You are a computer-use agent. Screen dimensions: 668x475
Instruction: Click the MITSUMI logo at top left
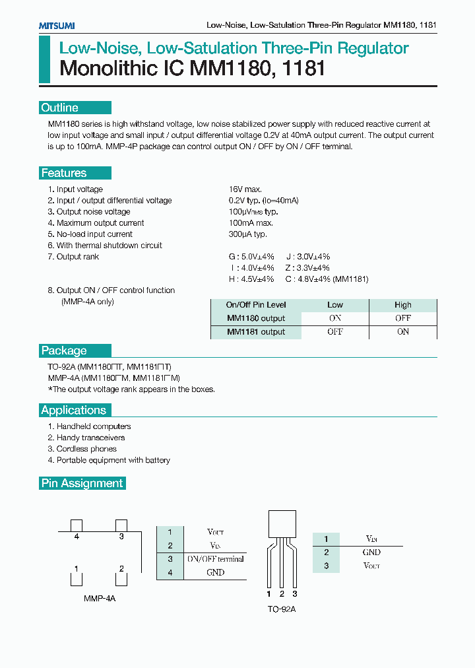coord(56,26)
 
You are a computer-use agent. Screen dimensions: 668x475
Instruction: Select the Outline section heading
coord(60,108)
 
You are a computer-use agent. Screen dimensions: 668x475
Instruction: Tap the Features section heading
coord(64,173)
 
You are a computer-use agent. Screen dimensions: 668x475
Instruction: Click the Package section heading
coord(64,351)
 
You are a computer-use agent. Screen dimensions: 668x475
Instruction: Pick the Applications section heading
coord(73,410)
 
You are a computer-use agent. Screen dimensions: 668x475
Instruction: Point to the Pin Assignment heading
coord(82,483)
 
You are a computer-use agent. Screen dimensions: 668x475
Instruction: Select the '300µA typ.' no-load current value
coord(247,234)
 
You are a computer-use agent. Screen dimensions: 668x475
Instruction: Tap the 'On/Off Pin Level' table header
coord(256,305)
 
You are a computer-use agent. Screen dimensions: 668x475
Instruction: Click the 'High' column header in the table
coord(402,305)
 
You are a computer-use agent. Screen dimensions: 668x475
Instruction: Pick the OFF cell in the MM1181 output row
coord(335,332)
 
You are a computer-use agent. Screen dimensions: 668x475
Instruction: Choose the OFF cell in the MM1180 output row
coord(402,318)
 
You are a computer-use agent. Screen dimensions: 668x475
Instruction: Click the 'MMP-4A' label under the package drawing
coord(100,598)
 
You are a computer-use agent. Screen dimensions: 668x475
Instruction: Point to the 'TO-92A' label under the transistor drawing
coord(282,609)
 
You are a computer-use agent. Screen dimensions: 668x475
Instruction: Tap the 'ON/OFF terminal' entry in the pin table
coord(215,559)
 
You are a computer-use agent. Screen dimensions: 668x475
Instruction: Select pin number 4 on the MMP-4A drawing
coord(77,537)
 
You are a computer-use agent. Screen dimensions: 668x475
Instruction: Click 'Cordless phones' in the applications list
coord(86,449)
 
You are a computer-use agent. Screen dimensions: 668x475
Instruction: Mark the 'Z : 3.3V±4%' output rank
coord(307,268)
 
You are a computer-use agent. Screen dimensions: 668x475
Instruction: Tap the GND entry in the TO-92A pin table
coord(371,552)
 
